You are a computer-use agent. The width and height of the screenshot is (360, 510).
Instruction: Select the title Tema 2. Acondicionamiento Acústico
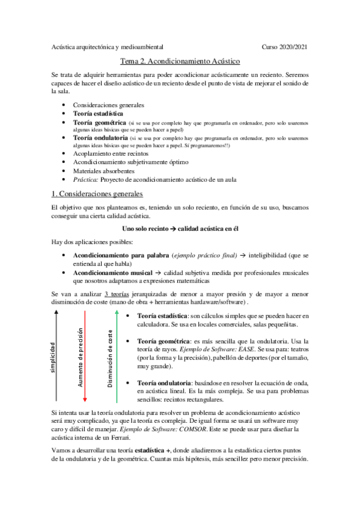pos(180,61)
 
